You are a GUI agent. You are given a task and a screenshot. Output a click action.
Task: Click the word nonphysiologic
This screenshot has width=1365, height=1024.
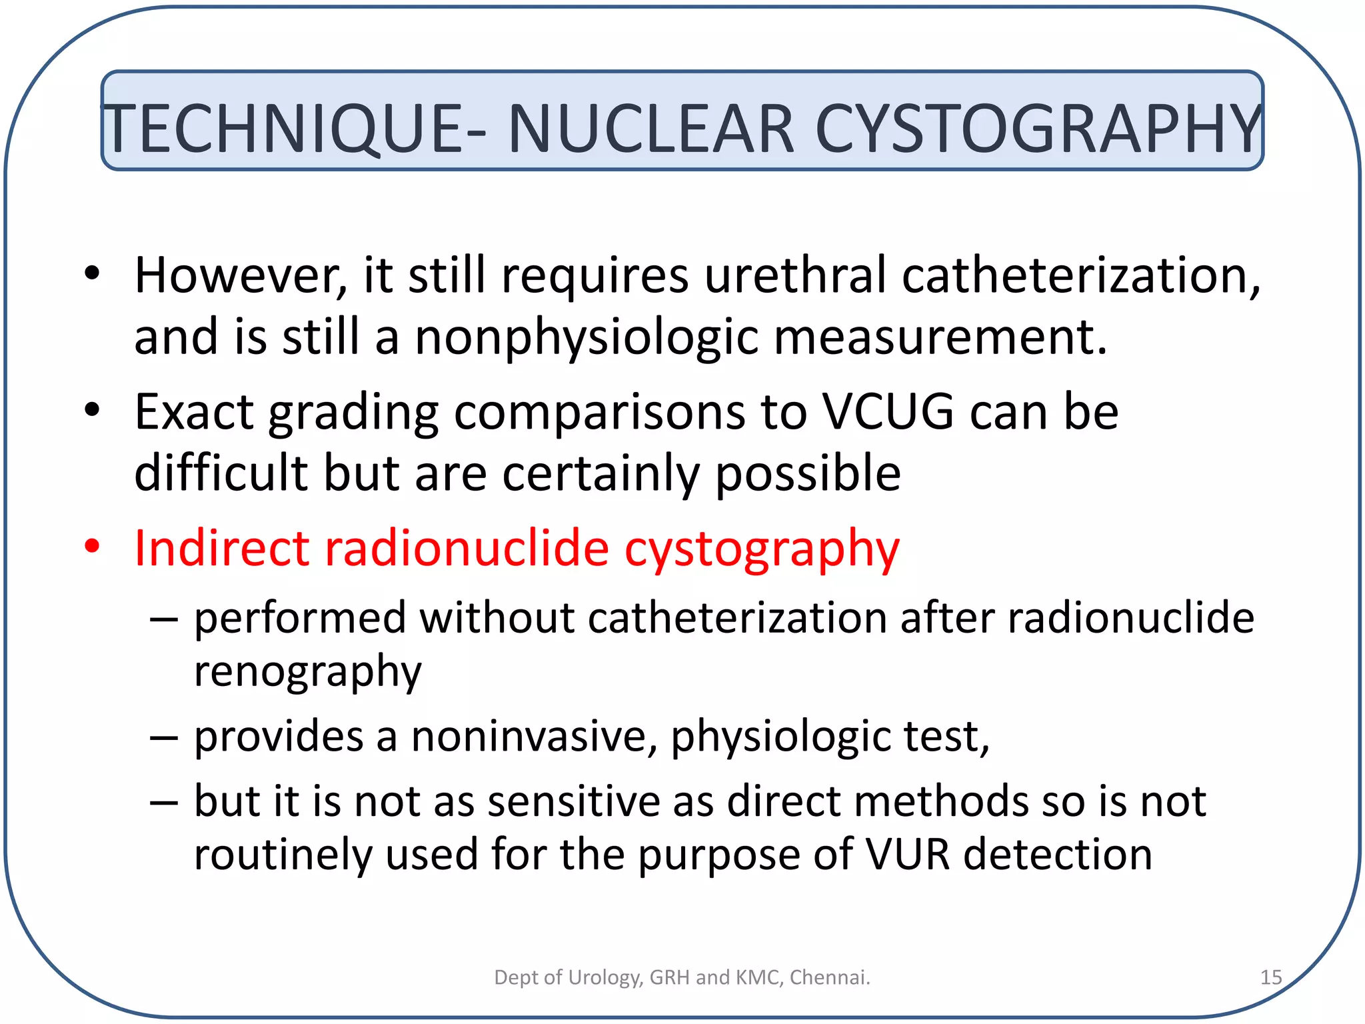[587, 337]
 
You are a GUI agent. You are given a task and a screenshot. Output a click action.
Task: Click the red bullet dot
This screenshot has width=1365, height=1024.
[92, 546]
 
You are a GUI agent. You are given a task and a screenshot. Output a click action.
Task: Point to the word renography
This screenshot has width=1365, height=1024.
[307, 671]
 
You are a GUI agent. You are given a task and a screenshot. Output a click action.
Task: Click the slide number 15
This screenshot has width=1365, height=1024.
[1270, 977]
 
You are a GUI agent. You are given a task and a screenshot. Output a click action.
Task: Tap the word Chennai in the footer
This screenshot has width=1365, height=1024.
[829, 977]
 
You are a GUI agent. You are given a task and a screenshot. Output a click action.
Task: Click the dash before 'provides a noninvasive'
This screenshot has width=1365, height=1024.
[163, 737]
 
